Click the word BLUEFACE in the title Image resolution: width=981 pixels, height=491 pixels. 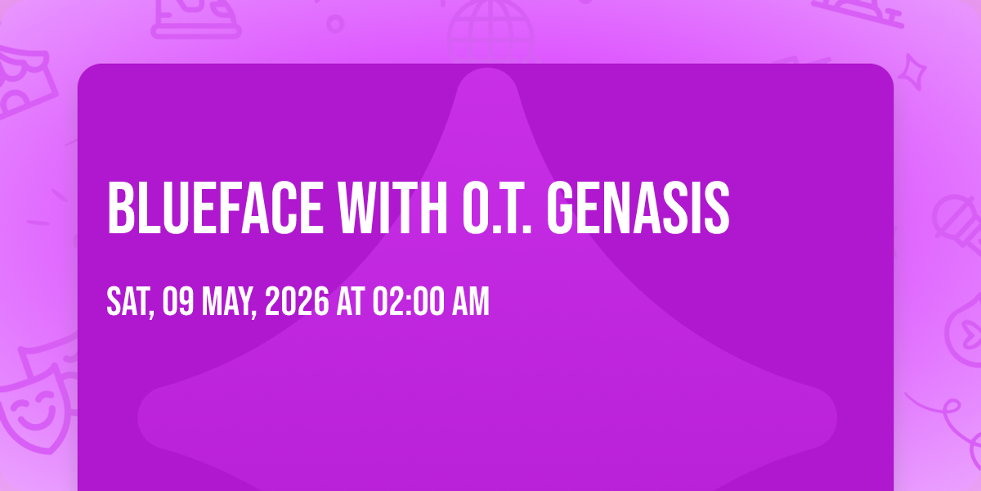(215, 208)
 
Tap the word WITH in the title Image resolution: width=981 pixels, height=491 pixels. (392, 208)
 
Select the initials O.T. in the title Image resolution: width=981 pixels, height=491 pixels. (497, 208)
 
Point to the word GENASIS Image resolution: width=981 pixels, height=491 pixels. (638, 208)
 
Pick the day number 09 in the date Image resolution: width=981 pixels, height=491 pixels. (178, 301)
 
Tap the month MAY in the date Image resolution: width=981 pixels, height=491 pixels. (229, 303)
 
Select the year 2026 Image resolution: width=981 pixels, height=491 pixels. (297, 301)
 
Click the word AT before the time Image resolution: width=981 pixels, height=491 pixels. (351, 301)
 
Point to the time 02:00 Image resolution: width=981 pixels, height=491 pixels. (408, 301)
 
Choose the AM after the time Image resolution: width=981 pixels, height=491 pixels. (470, 301)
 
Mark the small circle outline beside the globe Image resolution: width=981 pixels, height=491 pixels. (335, 24)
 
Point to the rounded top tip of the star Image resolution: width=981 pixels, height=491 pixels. (487, 69)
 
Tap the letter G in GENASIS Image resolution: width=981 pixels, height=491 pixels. (561, 208)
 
